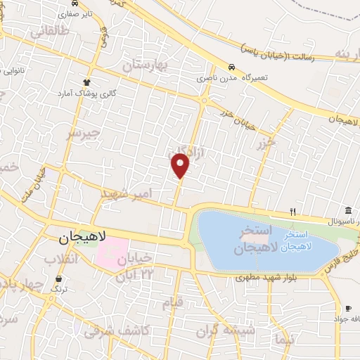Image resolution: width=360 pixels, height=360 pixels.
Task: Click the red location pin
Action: [181, 165]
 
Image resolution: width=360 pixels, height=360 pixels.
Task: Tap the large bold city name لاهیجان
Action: [78, 238]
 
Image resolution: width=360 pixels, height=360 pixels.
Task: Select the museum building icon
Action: [349, 210]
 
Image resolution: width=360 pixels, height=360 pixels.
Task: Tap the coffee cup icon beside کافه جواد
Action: [348, 308]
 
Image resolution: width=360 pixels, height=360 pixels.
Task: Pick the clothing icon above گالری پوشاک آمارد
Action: [88, 82]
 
